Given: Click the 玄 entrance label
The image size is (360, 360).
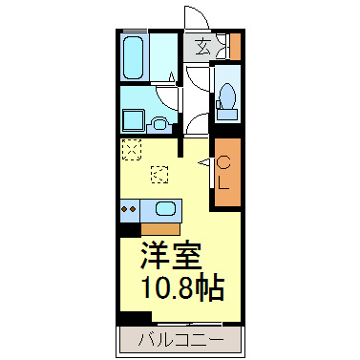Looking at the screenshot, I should click(x=202, y=46).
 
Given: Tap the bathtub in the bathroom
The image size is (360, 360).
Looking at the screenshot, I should click(x=136, y=57).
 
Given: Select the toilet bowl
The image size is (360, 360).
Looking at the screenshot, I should click(x=226, y=95).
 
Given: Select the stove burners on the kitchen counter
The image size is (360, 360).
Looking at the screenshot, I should click(x=128, y=209).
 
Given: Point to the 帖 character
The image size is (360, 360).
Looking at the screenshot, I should click(x=218, y=286).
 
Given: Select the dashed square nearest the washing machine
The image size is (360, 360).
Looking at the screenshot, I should click(x=132, y=148).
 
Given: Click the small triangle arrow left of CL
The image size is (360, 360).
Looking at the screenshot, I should click(x=203, y=163).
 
